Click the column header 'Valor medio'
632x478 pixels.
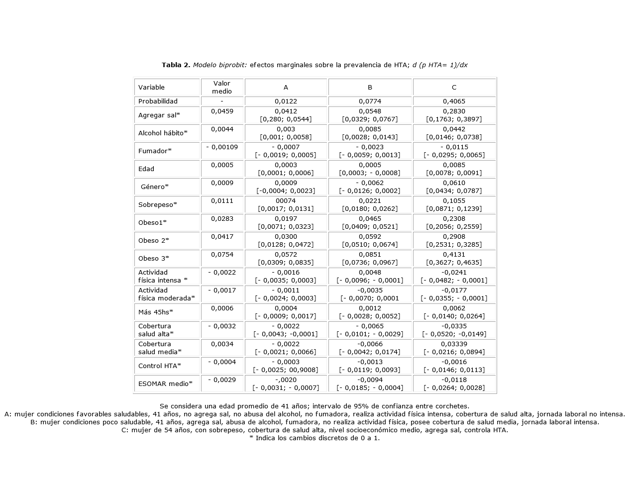[x=222, y=87]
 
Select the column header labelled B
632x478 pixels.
[x=370, y=87]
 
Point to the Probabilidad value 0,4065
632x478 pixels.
[x=454, y=101]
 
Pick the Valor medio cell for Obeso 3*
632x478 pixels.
[x=222, y=255]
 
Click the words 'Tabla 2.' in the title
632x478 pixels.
[x=176, y=65]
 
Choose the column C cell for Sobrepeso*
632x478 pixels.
[x=454, y=204]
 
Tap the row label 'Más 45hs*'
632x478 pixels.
[x=156, y=312]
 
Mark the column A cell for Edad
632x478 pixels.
[x=286, y=169]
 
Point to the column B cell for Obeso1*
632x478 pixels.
[x=370, y=222]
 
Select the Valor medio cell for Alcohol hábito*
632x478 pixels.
[x=222, y=129]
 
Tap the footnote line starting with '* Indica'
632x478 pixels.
[x=314, y=438]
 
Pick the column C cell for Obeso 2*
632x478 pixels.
[x=454, y=240]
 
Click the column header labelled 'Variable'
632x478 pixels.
[x=151, y=87]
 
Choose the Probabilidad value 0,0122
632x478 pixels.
[x=286, y=101]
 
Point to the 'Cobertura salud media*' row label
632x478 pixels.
[x=160, y=348]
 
